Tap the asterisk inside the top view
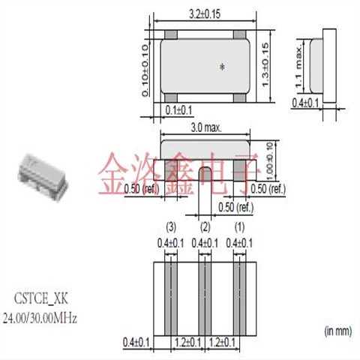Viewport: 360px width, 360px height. pos(222,67)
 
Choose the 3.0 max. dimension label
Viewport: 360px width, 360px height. pos(205,128)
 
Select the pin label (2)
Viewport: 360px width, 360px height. pos(205,226)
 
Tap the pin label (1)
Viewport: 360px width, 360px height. pos(241,226)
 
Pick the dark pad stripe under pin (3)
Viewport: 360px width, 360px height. pos(169,296)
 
